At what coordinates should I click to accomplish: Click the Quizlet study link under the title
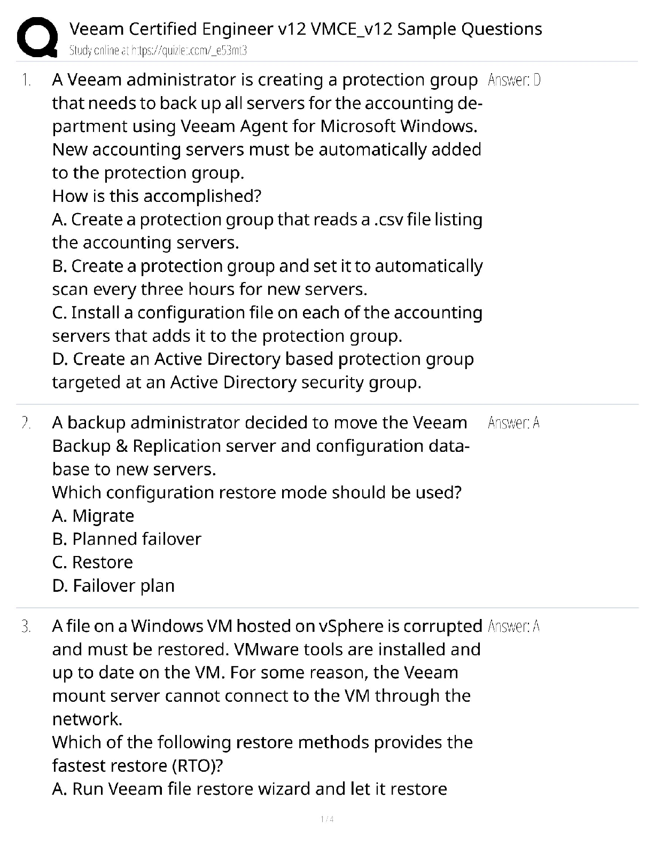point(158,51)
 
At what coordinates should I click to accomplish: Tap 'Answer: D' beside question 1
point(514,81)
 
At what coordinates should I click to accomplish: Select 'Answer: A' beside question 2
point(513,424)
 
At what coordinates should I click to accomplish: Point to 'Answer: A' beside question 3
point(513,626)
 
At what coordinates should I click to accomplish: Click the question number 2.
point(26,423)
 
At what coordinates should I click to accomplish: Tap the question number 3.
point(26,626)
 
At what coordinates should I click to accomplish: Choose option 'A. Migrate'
point(93,516)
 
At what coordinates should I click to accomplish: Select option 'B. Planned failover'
point(127,539)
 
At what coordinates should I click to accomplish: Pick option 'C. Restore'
point(92,562)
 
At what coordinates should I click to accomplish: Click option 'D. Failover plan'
point(113,586)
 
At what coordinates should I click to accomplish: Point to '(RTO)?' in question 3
point(197,766)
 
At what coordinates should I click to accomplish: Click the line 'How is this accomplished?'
point(157,196)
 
